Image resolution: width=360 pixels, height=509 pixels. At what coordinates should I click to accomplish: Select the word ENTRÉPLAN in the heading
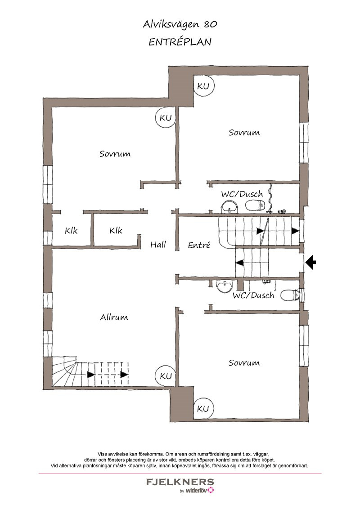pyautogui.click(x=180, y=42)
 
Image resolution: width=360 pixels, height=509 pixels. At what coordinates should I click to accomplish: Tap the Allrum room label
pyautogui.click(x=114, y=317)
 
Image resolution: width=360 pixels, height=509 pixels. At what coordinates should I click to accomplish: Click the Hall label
pyautogui.click(x=158, y=245)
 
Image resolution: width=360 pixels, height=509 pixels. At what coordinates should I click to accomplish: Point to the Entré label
pyautogui.click(x=199, y=245)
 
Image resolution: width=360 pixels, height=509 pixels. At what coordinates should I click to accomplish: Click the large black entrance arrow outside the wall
pyautogui.click(x=310, y=262)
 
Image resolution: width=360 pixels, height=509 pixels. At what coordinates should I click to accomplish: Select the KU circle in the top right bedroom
pyautogui.click(x=203, y=86)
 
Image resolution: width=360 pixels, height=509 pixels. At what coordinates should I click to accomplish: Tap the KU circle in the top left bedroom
pyautogui.click(x=166, y=117)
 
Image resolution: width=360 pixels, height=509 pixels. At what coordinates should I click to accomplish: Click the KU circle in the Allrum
pyautogui.click(x=166, y=376)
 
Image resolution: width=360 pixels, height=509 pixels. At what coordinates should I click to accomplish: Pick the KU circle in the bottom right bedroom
pyautogui.click(x=203, y=408)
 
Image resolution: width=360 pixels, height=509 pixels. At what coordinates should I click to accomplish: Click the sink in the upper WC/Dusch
pyautogui.click(x=229, y=206)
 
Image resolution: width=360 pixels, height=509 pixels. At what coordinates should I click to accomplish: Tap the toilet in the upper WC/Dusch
pyautogui.click(x=256, y=205)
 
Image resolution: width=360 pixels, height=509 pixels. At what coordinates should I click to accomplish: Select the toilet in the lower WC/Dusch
pyautogui.click(x=290, y=295)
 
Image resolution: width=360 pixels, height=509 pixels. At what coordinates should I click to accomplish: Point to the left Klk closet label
pyautogui.click(x=71, y=231)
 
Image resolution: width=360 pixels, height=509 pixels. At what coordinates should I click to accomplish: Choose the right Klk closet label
pyautogui.click(x=116, y=231)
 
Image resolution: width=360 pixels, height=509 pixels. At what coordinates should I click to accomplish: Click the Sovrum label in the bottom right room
pyautogui.click(x=244, y=362)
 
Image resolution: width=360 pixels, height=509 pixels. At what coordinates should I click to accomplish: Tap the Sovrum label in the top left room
pyautogui.click(x=115, y=153)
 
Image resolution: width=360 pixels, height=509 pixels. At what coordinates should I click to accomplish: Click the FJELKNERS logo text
pyautogui.click(x=180, y=482)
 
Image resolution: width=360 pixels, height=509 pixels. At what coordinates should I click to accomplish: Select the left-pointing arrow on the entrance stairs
pyautogui.click(x=239, y=263)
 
